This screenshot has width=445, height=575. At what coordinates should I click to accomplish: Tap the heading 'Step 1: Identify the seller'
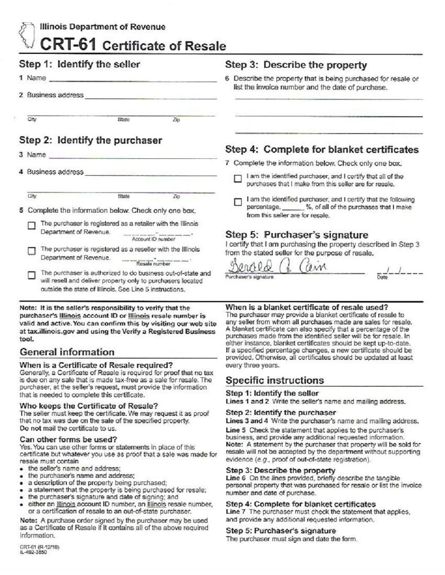pos(79,64)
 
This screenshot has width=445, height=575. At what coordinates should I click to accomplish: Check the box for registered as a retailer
pos(32,226)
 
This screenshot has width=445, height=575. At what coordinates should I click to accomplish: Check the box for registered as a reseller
pos(32,251)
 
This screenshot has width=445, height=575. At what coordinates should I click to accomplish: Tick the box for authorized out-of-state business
pos(32,275)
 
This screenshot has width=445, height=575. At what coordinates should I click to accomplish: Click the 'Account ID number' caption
pos(146,239)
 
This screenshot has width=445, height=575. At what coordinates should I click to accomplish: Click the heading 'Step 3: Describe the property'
pos(296,65)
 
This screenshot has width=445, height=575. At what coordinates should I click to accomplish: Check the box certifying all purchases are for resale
pos(238,179)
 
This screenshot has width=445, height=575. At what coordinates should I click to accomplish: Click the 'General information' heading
pos(67,352)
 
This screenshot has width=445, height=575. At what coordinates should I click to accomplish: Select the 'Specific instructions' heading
pos(275,380)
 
